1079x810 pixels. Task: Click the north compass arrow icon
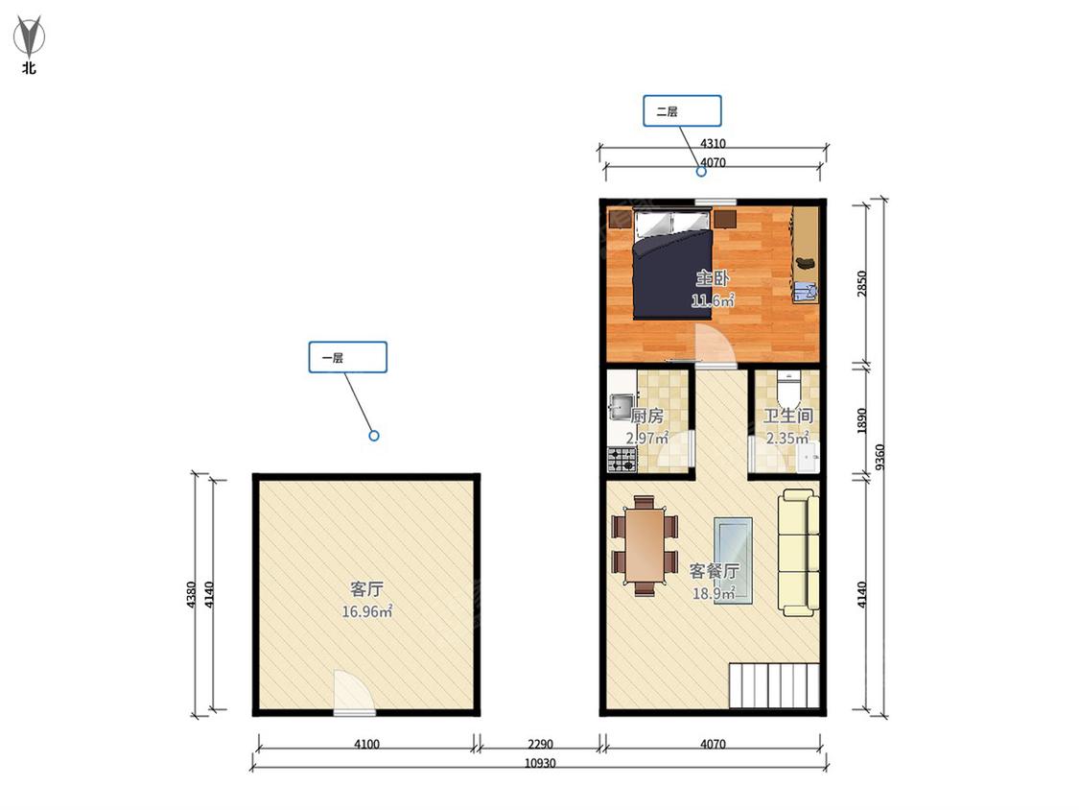tap(30, 36)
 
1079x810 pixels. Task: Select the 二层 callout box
tap(682, 111)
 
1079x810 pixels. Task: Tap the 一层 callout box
tap(347, 357)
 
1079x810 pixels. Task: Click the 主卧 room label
tap(713, 278)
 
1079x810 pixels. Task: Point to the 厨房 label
tap(646, 416)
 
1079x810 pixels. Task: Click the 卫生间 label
tap(788, 416)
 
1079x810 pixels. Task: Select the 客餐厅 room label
tap(715, 571)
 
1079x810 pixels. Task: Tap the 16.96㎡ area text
tap(366, 611)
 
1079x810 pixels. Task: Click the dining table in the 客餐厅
tap(645, 545)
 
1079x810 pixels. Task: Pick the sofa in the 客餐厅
tap(799, 553)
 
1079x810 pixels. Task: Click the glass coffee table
tap(733, 560)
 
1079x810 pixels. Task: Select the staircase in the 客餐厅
tap(774, 686)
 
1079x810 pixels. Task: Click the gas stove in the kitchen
tap(622, 460)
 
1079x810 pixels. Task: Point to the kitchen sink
tap(622, 406)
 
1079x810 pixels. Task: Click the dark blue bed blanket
tap(673, 274)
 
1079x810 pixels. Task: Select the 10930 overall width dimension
tap(539, 763)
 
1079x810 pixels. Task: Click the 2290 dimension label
tap(540, 744)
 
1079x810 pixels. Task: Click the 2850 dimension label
tap(861, 284)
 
